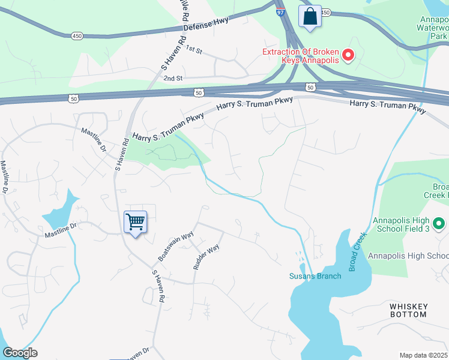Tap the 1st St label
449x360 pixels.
coord(192,48)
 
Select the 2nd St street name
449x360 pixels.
coord(172,79)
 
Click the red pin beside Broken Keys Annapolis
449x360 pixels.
coord(348,56)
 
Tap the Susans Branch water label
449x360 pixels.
coord(315,276)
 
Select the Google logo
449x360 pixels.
coord(20,353)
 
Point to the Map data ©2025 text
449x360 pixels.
coord(424,355)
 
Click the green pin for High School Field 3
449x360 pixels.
coord(439,224)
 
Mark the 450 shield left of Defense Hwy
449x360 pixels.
coord(77,36)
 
